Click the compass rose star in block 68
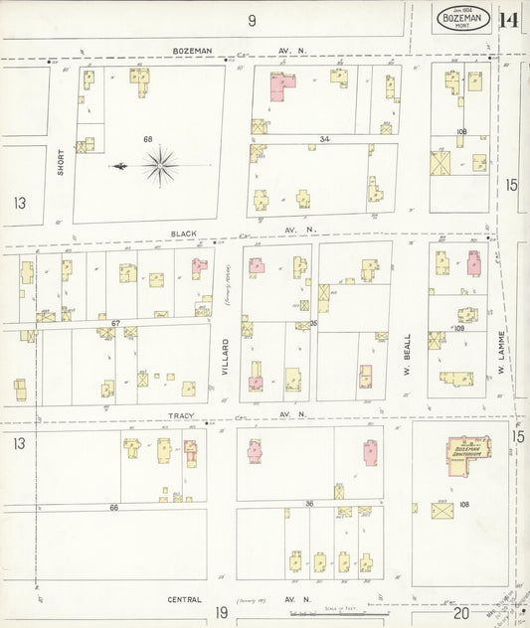(159, 165)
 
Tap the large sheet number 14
(509, 20)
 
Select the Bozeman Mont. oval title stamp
(462, 19)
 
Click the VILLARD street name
(226, 358)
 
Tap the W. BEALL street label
(408, 355)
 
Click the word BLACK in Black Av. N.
(184, 233)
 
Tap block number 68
(147, 139)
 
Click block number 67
(115, 323)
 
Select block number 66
(113, 507)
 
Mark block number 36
(309, 504)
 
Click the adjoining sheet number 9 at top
(253, 20)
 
